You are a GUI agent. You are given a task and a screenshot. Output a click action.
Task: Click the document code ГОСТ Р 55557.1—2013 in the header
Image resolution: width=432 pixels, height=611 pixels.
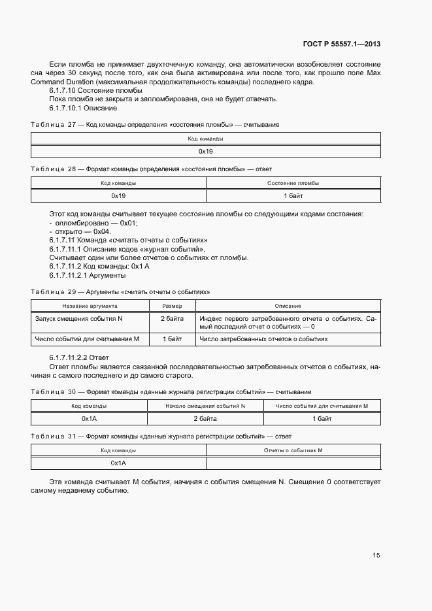tap(342, 44)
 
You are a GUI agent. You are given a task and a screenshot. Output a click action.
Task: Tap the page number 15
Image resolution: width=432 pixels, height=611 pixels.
tap(376, 555)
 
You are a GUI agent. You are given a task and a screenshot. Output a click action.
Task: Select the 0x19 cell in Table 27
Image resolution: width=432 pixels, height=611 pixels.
tap(206, 152)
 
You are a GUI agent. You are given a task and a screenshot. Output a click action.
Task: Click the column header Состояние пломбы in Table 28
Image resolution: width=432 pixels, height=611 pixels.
tap(293, 184)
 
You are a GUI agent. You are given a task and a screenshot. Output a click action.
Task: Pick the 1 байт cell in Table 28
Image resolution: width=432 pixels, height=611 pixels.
tap(293, 195)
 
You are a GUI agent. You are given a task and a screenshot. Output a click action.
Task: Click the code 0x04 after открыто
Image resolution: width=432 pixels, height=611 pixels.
tap(102, 231)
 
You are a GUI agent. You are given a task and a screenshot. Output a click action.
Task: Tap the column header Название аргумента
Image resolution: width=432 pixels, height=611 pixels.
tap(90, 306)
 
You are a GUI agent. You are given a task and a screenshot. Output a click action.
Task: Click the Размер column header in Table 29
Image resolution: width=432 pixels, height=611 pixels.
tap(171, 306)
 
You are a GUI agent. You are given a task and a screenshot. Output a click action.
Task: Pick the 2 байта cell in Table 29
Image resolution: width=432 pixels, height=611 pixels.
tap(171, 318)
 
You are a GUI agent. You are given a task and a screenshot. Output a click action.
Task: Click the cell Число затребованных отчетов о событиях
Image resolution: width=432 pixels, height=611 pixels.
tap(263, 339)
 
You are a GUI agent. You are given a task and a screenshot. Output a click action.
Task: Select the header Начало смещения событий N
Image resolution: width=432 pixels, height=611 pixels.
tap(205, 406)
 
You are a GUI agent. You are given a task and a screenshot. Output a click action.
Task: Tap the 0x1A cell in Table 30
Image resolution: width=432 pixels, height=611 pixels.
tap(90, 418)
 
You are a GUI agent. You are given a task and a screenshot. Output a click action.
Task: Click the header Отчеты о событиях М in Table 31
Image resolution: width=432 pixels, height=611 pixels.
tap(293, 450)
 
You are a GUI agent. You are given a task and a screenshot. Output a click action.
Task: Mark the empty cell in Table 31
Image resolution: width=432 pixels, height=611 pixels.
tap(293, 463)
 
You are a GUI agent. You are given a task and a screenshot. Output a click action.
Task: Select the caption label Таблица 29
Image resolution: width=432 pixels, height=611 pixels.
tap(54, 291)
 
